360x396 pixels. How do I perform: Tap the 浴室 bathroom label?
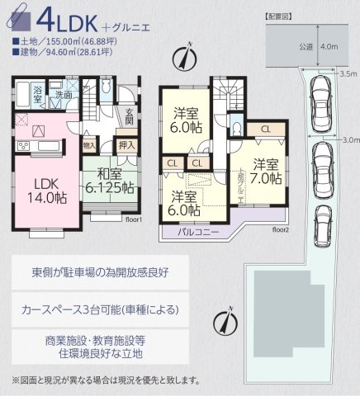(37, 96)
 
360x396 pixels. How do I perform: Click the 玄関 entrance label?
(130, 116)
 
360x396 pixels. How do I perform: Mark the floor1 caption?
(135, 220)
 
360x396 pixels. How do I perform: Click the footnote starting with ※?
(106, 380)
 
